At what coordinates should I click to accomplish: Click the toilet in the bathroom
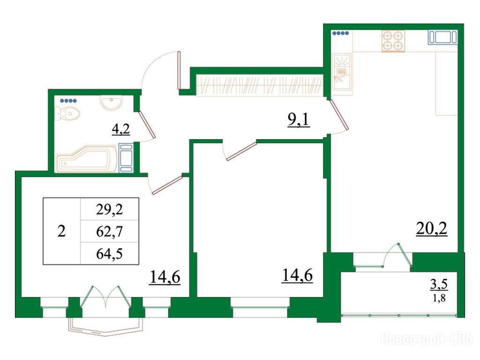67,114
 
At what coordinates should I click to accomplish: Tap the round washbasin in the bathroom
112,102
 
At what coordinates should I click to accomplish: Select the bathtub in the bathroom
87,159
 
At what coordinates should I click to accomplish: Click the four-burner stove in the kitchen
393,41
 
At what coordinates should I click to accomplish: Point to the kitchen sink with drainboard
342,72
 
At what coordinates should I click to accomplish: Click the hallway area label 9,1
299,120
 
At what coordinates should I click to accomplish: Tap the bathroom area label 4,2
121,129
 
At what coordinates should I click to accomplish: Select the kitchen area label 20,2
432,229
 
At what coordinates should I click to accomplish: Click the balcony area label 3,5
439,285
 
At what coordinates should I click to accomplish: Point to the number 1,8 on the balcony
439,298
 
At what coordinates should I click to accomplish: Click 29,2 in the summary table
109,210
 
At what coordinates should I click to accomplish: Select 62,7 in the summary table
109,232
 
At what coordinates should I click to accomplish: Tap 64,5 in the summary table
109,254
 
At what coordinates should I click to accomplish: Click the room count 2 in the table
61,231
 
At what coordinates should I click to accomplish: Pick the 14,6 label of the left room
165,277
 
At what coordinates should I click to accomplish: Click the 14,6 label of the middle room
297,275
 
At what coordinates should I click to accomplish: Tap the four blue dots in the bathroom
68,101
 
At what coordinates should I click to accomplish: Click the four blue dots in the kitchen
340,33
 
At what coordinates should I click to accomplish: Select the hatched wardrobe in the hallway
260,85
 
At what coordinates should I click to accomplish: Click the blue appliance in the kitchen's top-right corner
442,37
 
